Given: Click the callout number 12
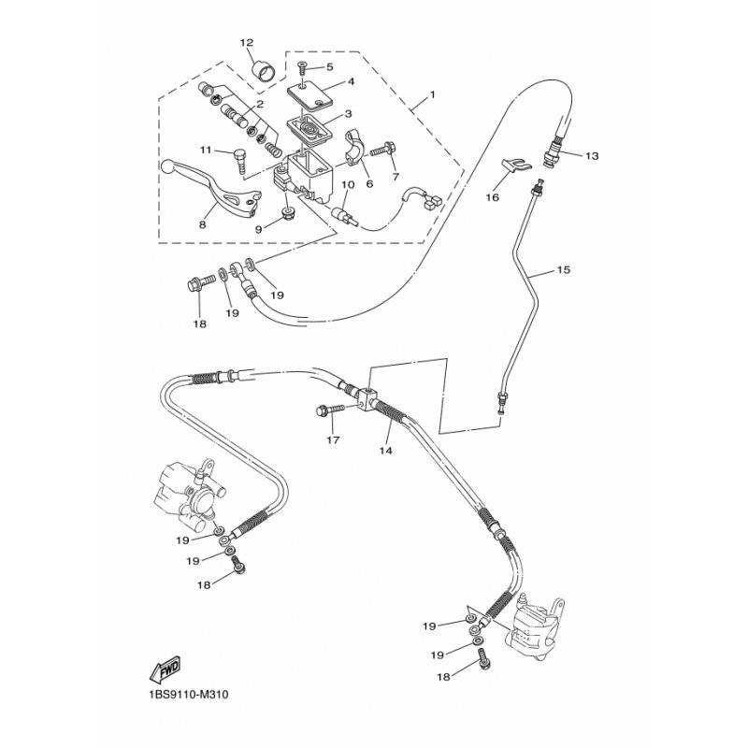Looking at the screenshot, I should pos(247,43).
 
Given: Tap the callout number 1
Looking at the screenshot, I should pos(434,96).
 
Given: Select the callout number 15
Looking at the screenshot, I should pos(562,270).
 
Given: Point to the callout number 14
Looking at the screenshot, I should pos(385,450).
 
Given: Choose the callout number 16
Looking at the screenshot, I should pos(491,197).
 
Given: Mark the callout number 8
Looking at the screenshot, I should pos(202,224).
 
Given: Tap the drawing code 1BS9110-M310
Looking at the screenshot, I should pos(187,695).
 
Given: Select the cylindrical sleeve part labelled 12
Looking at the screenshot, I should pos(265,68).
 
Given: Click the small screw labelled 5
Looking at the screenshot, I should pos(302,66).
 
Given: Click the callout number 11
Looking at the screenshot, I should pos(204,150).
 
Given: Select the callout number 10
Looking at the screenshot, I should pos(346,184).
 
